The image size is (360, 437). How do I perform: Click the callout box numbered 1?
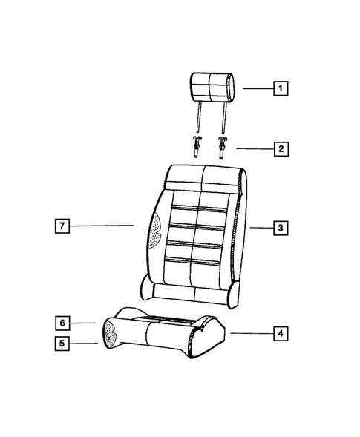click(x=281, y=88)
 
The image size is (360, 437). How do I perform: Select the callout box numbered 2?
click(x=281, y=149)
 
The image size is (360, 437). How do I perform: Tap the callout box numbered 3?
click(x=281, y=228)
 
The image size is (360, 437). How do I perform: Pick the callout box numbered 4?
click(x=281, y=334)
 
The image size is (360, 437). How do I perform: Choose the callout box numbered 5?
click(x=62, y=344)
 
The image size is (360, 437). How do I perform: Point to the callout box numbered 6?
click(x=62, y=323)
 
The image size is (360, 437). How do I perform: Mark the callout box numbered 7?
click(x=62, y=226)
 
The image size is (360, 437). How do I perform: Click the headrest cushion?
click(x=212, y=87)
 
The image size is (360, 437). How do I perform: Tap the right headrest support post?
click(x=223, y=118)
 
